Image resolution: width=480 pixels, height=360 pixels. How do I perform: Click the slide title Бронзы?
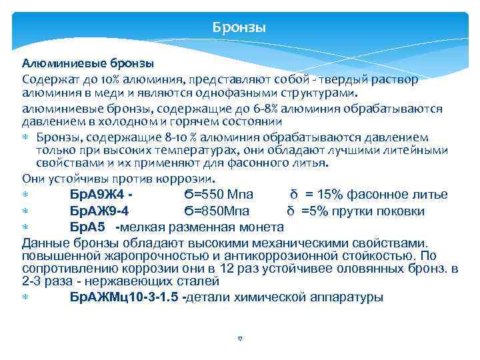click(239, 28)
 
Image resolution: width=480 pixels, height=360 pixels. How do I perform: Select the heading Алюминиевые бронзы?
click(88, 65)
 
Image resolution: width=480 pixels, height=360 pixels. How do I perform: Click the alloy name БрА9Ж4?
click(97, 195)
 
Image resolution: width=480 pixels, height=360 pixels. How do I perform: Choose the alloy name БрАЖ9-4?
click(99, 211)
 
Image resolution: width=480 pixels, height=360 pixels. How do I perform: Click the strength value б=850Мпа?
click(217, 211)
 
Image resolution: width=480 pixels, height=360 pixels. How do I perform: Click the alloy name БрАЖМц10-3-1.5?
click(125, 297)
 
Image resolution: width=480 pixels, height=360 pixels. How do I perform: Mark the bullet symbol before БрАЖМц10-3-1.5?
click(25, 298)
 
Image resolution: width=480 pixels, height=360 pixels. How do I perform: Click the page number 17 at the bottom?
click(239, 339)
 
